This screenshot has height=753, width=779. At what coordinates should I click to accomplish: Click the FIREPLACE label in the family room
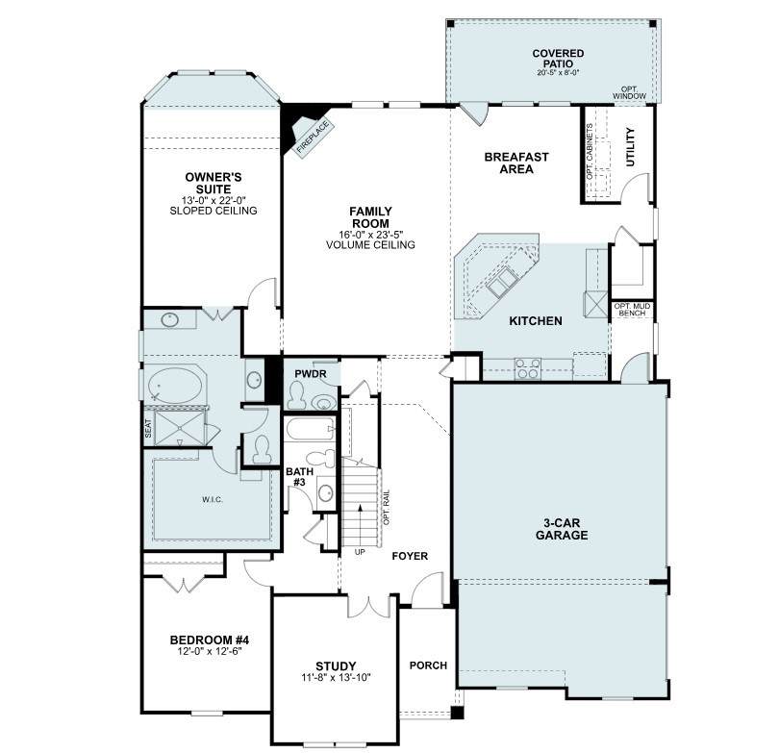click(x=313, y=138)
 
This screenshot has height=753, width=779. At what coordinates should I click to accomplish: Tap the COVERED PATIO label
click(x=558, y=59)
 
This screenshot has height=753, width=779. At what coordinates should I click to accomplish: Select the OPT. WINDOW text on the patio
click(x=629, y=92)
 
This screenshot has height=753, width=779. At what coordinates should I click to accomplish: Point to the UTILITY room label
click(x=630, y=147)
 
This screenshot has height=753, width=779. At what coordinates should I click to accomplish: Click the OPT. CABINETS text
click(x=590, y=152)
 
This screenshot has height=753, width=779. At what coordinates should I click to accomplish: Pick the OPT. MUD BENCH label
click(x=632, y=310)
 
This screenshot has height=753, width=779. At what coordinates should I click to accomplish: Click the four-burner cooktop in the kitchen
click(x=528, y=368)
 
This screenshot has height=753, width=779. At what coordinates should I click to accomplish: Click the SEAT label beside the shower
click(x=148, y=429)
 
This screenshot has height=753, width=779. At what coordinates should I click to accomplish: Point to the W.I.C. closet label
click(x=213, y=499)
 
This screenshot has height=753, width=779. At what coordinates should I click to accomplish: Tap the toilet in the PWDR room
click(x=298, y=395)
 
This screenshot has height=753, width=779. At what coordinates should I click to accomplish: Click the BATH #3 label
click(x=299, y=476)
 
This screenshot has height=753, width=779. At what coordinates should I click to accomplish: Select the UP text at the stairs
click(x=361, y=552)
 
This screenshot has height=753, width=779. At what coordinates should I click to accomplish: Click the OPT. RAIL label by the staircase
click(x=387, y=508)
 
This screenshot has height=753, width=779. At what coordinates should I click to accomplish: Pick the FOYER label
click(x=410, y=556)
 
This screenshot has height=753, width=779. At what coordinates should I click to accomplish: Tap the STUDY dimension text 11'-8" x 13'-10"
click(x=336, y=677)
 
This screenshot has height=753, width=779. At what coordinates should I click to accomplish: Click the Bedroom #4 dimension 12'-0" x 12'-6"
click(x=209, y=651)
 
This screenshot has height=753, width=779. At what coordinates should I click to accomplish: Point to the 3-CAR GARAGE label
click(x=562, y=529)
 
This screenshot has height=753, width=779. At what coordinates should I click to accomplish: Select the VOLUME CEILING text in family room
click(x=370, y=245)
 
